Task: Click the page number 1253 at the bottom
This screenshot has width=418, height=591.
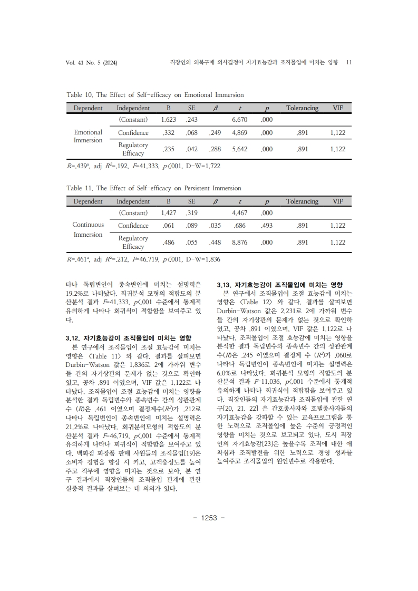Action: [209, 518]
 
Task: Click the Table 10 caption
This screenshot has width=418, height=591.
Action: [155, 95]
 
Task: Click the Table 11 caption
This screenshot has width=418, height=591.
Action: [153, 188]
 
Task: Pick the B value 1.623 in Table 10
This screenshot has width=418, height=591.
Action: [168, 120]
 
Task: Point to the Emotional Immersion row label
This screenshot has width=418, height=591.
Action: [88, 136]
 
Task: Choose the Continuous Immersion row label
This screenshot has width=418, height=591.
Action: [88, 229]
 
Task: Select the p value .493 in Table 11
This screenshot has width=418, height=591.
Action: [267, 226]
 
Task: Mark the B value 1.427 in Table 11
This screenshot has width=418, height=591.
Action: [168, 214]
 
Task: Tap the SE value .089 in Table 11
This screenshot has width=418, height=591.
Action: [191, 226]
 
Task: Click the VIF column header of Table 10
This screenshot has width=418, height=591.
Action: [337, 108]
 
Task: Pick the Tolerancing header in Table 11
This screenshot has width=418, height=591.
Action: [302, 201]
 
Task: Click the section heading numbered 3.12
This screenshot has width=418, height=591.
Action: [128, 337]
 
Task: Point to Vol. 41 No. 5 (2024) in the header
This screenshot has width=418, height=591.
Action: [91, 63]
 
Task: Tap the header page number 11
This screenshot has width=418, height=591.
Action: [348, 63]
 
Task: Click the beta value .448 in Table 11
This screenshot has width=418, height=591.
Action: [215, 243]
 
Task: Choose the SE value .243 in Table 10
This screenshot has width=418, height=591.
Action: [191, 120]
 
